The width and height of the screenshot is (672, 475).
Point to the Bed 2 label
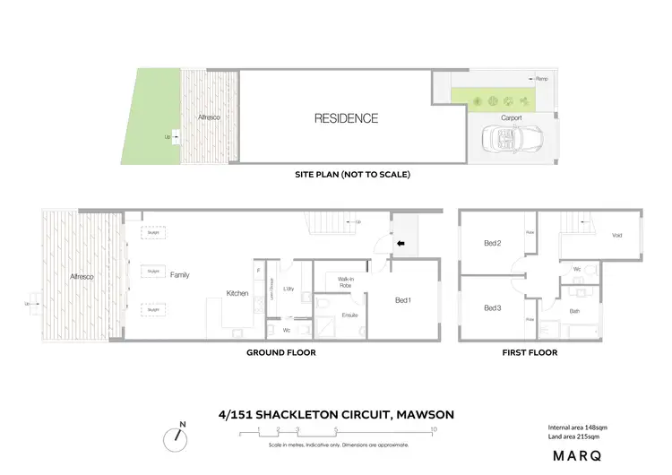coord(492,244)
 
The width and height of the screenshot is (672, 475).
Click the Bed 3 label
coord(492,308)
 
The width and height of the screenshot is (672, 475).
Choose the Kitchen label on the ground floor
coord(237,293)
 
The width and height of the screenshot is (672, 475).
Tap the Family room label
coord(180,275)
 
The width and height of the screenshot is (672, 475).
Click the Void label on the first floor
coord(616,236)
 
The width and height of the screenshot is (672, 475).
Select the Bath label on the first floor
coord(574,311)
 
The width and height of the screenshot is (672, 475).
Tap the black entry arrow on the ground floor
coord(401,242)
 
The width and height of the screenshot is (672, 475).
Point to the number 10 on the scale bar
coord(434,429)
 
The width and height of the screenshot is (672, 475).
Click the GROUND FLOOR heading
coord(280,353)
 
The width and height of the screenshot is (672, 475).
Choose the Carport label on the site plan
coord(511,118)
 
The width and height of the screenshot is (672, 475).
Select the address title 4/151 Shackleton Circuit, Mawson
coord(336,414)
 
